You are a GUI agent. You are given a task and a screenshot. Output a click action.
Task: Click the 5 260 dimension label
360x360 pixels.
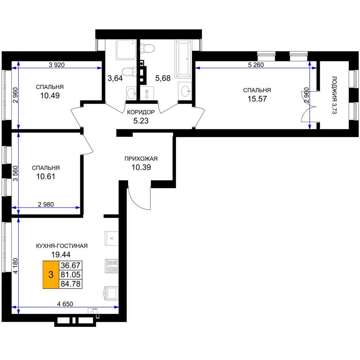pyautogui.click(x=256, y=65)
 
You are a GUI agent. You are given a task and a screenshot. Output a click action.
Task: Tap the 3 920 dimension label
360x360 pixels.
pyautogui.click(x=57, y=65)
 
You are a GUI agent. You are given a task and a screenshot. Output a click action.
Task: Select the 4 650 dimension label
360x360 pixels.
pyautogui.click(x=65, y=304)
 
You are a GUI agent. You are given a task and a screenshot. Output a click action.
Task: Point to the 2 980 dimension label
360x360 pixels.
pyautogui.click(x=46, y=204)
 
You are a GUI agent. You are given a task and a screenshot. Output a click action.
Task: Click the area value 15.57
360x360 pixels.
pyautogui.click(x=257, y=99)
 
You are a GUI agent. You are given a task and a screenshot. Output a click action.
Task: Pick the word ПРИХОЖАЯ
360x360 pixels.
pyautogui.click(x=141, y=159)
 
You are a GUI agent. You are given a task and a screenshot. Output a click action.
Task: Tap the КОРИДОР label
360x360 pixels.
pyautogui.click(x=141, y=112)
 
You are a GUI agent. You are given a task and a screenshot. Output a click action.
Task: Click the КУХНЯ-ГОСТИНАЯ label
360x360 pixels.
pyautogui.click(x=62, y=246)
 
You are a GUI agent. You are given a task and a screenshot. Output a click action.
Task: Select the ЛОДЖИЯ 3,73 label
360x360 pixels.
pyautogui.click(x=334, y=95)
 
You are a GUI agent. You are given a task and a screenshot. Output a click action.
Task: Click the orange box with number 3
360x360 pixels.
pyautogui.click(x=51, y=275)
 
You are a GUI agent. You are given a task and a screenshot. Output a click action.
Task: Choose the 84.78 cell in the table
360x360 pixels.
pyautogui.click(x=71, y=284)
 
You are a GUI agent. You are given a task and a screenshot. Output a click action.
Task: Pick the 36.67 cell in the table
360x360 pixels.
pyautogui.click(x=71, y=265)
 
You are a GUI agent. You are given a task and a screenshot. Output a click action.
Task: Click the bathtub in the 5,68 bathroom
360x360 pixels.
pyautogui.click(x=183, y=59)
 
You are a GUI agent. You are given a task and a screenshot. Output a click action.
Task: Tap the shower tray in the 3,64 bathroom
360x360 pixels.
pyautogui.click(x=126, y=50)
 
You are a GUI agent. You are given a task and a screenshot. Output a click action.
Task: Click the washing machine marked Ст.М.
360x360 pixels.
pyautogui.click(x=147, y=93)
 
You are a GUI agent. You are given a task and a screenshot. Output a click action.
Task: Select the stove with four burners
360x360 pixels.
pyautogui.click(x=112, y=266)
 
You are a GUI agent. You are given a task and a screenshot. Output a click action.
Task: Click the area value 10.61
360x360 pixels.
pyautogui.click(x=46, y=176)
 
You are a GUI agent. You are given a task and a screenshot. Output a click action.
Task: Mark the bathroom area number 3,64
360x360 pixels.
pyautogui.click(x=115, y=78)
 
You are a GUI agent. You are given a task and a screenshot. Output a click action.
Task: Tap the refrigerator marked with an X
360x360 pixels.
pyautogui.click(x=112, y=239)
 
